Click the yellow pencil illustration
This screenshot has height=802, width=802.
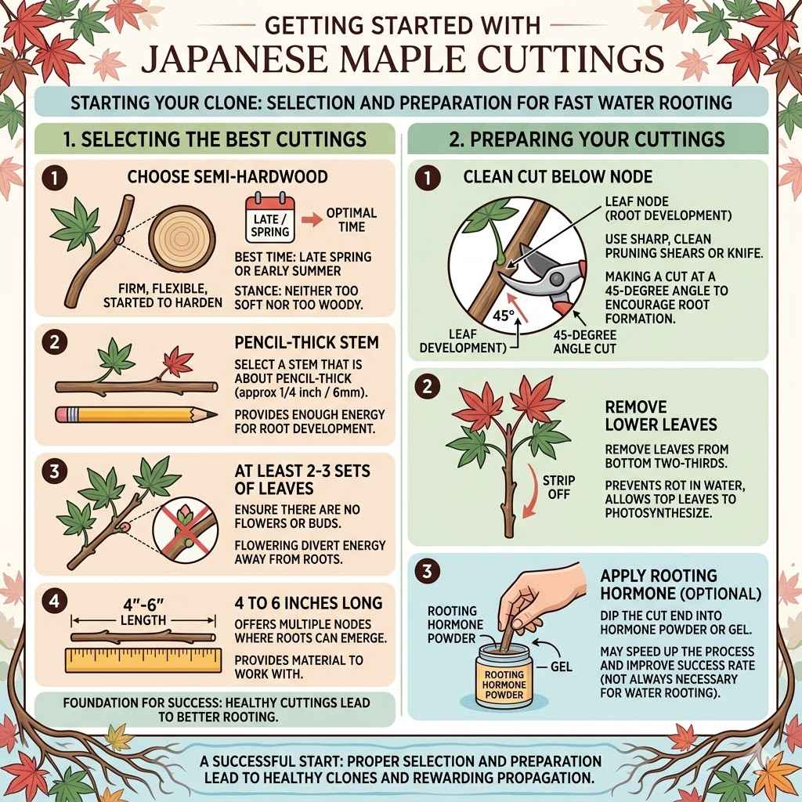(x=137, y=413)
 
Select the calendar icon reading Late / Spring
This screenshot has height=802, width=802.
(x=269, y=219)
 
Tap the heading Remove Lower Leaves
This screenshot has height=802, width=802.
(x=650, y=416)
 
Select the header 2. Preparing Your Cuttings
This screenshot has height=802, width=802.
(x=587, y=140)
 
